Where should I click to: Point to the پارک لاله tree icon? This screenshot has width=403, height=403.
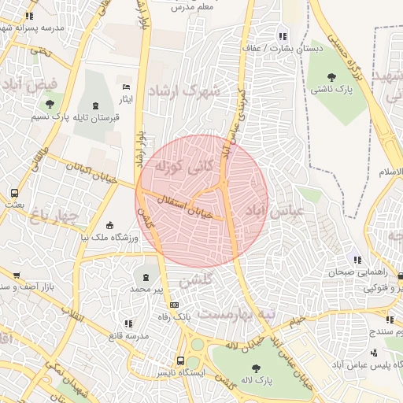(256, 368)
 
